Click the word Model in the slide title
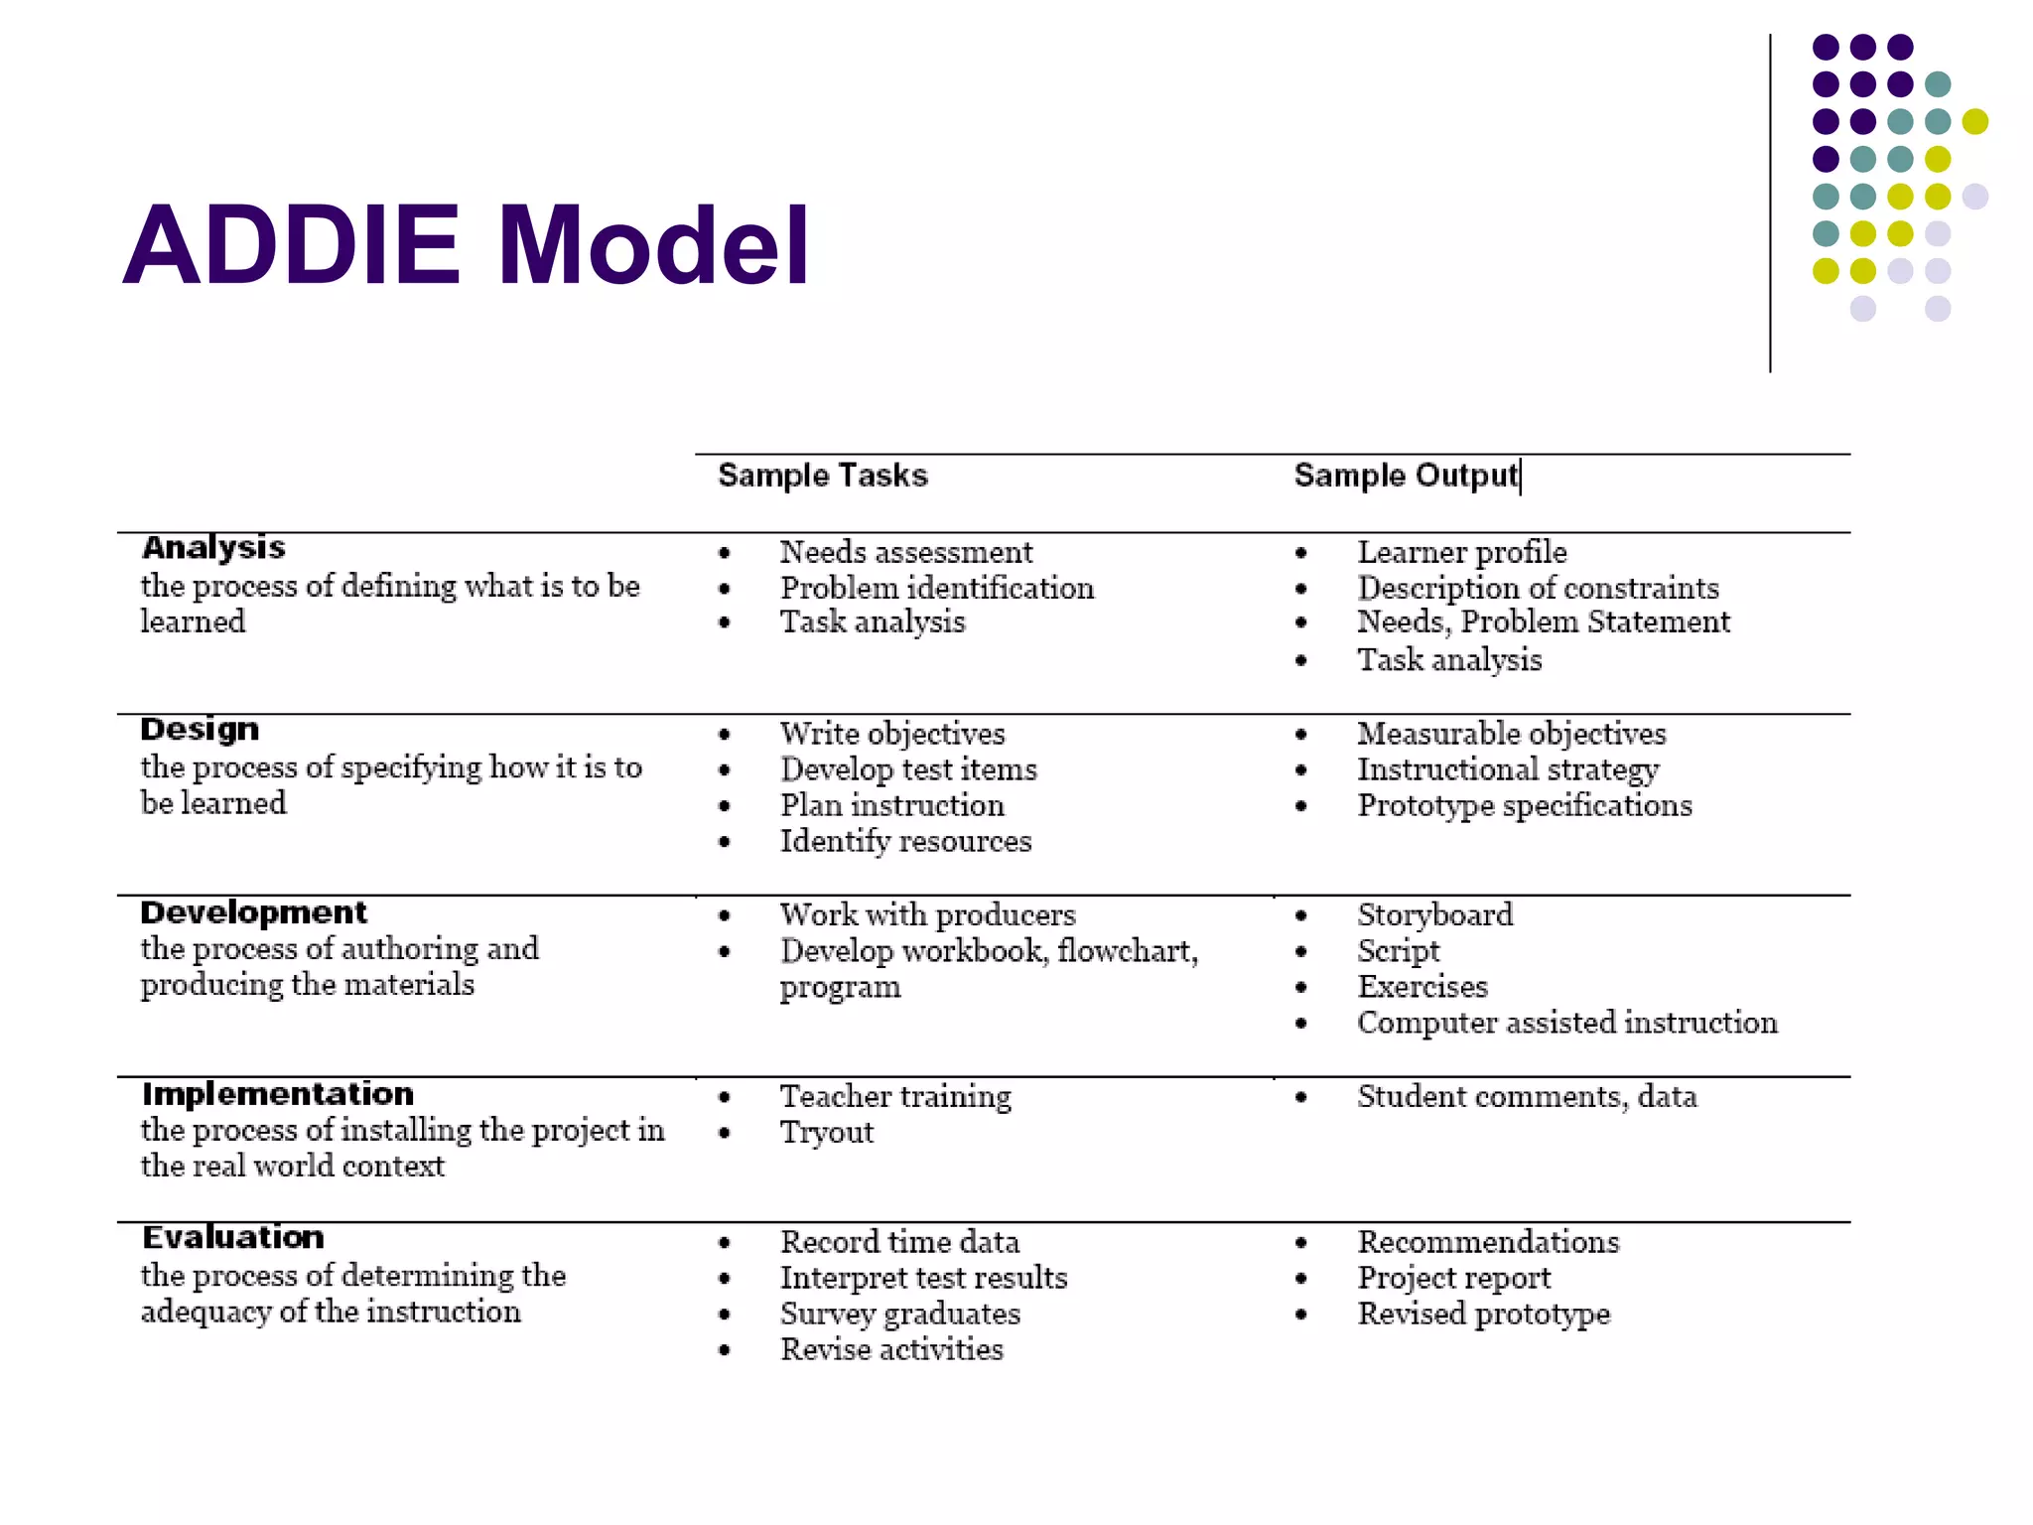point(653,245)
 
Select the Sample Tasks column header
point(822,476)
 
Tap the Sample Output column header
point(1405,476)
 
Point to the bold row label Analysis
point(213,548)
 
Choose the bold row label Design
point(200,730)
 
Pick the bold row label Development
point(253,912)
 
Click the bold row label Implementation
point(277,1094)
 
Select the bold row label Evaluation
point(232,1238)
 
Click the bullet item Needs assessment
point(905,552)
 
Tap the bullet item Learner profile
point(1461,552)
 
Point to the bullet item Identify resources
point(905,842)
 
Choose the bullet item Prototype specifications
point(1524,805)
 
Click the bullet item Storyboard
point(1434,914)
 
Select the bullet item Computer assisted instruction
point(1566,1023)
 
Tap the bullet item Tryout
point(826,1133)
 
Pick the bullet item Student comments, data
point(1527,1097)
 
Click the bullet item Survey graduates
point(899,1315)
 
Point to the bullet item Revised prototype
point(1483,1315)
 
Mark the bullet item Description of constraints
point(1538,588)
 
